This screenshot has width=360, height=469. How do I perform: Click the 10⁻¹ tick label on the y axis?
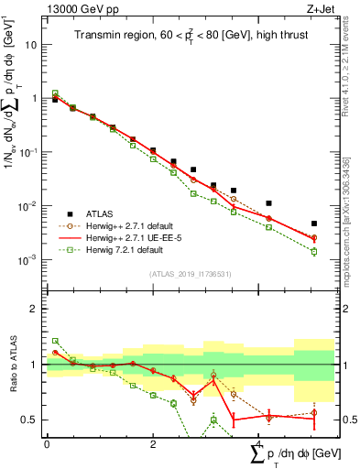[28, 152]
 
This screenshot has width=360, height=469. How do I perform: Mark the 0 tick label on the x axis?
[47, 443]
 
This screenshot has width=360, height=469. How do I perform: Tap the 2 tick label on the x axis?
[153, 443]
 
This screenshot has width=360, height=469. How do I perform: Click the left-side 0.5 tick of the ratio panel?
[34, 420]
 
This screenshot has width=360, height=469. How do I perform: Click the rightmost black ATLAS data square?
[313, 224]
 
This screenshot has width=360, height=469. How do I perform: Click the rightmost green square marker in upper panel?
[313, 251]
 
